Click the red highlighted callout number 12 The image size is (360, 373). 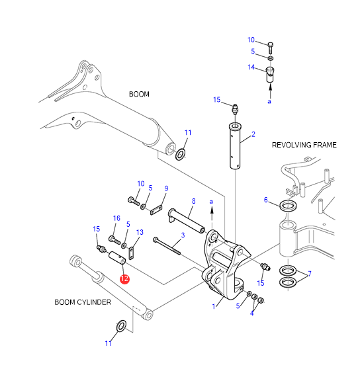[x=124, y=279]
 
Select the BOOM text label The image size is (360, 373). [x=139, y=94]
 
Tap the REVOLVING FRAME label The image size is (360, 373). [x=304, y=145]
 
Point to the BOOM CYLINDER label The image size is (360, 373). [x=83, y=302]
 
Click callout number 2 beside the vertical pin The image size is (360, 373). [x=253, y=134]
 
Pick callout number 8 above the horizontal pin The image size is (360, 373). [x=194, y=201]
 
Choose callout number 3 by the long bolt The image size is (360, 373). [x=183, y=235]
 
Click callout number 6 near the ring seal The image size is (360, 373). [x=266, y=200]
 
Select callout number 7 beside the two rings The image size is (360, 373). [x=310, y=274]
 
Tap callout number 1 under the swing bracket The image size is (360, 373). [x=214, y=306]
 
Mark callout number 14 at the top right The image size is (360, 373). [x=251, y=67]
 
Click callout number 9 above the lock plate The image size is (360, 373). [x=166, y=188]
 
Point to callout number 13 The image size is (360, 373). [x=140, y=232]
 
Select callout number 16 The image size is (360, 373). [x=116, y=218]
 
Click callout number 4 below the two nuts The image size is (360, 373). [x=251, y=313]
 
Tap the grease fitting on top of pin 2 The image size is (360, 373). [x=235, y=109]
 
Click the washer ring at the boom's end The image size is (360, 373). [x=181, y=154]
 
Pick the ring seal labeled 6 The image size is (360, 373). [x=288, y=206]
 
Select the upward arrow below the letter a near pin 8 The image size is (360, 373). [x=212, y=217]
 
